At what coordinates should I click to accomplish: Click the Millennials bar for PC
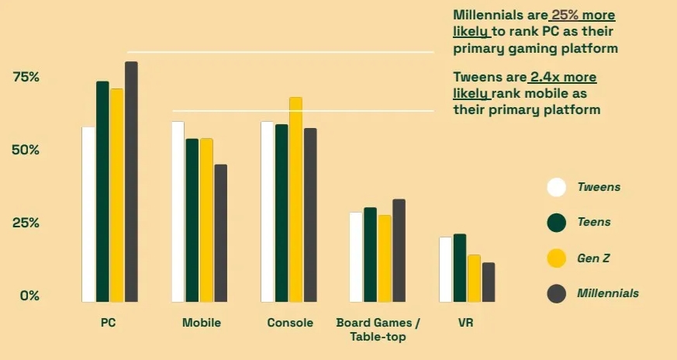point(131,182)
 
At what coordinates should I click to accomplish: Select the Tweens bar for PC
point(88,214)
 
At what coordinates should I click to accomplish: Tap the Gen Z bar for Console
point(295,199)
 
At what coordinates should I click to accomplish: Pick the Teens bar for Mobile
point(192,220)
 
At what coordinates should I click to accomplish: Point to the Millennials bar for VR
point(488,282)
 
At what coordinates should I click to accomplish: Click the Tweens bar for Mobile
point(178,212)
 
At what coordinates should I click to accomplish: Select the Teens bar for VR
point(460,268)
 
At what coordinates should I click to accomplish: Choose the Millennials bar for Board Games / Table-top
point(399,251)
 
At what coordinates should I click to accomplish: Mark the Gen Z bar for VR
point(474,279)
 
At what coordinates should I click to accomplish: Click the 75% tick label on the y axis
point(26,77)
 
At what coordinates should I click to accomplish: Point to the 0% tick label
point(29,296)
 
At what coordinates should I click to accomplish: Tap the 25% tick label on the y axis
point(26,223)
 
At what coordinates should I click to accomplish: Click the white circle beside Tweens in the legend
point(556,187)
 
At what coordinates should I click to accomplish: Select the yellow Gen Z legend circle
point(556,258)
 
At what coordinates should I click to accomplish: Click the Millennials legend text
point(608,293)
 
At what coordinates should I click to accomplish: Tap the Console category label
point(290,323)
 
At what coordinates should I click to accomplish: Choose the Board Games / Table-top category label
point(378,329)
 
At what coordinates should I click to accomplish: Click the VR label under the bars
point(465,323)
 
